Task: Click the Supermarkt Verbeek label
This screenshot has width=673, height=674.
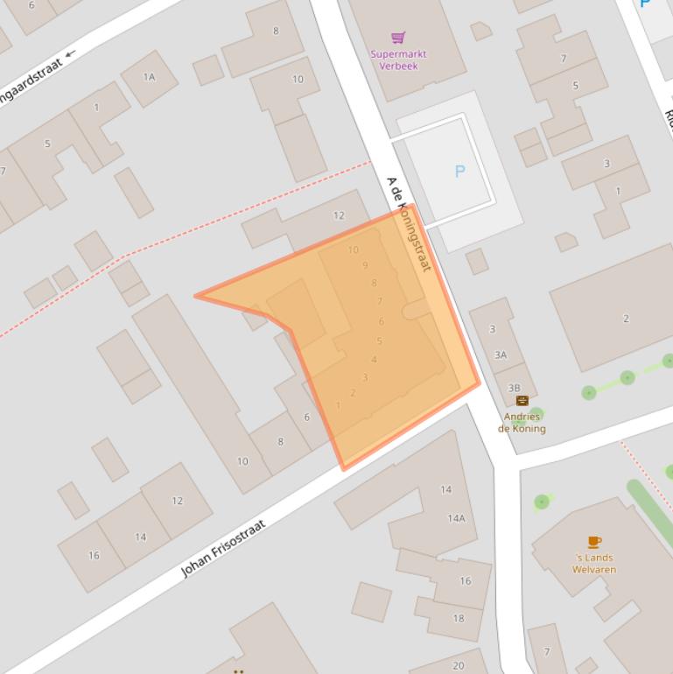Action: (398, 60)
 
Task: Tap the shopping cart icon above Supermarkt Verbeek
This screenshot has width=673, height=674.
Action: (398, 38)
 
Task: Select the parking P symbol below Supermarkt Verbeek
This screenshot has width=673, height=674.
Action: (460, 172)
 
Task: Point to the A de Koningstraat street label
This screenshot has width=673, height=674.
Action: (409, 224)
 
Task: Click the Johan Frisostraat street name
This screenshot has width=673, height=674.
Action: (223, 549)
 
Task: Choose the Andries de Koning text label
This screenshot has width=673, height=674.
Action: (522, 423)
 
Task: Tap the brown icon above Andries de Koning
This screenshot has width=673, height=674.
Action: (522, 401)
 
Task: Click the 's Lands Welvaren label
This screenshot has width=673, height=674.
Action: (594, 563)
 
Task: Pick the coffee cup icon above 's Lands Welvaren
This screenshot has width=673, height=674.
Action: (594, 542)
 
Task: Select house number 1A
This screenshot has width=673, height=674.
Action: (149, 77)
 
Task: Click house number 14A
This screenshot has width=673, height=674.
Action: (456, 518)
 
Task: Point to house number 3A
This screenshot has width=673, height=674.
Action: (501, 355)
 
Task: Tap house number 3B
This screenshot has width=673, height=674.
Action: (514, 388)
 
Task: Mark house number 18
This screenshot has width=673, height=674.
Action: (459, 618)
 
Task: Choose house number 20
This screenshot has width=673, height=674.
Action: (458, 666)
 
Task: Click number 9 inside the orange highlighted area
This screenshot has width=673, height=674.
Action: (365, 265)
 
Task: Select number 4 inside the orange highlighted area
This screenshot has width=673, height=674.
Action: (374, 360)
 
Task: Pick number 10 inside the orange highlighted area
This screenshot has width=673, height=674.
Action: (353, 249)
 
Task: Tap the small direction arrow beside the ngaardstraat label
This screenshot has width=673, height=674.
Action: (70, 53)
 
